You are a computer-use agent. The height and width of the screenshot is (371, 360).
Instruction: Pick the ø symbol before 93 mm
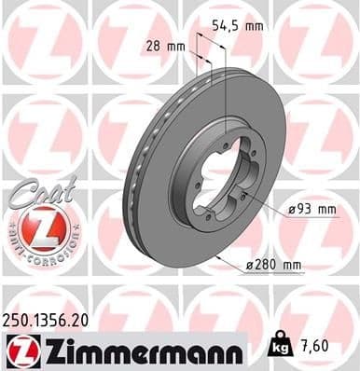(292, 210)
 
